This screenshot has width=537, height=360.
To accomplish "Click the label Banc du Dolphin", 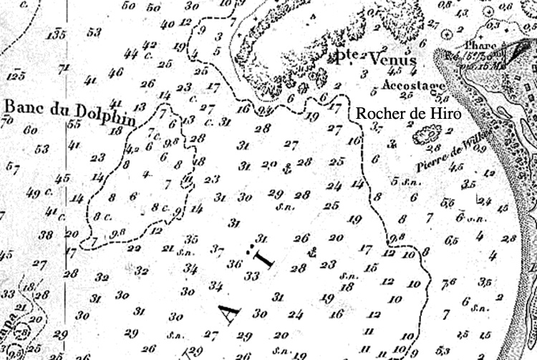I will tap(69, 113).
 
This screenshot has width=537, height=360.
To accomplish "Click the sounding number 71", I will tap(64, 69).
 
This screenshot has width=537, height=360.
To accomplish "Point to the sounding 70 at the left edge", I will tap(7, 120).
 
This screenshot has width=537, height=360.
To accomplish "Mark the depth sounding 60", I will tap(30, 130).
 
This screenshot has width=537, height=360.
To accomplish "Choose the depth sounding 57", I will tap(12, 168).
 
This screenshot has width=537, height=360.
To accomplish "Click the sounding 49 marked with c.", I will tap(33, 193).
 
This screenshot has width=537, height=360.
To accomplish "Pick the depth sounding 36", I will tap(234, 264).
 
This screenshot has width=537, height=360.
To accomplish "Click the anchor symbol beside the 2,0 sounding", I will tap(286, 168).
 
